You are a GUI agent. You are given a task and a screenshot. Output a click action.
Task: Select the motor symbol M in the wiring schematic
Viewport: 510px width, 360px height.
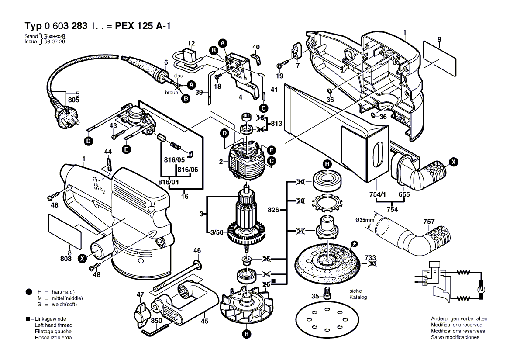pos(482,289)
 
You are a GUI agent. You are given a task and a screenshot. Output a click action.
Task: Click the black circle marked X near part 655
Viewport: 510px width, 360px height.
pos(454,162)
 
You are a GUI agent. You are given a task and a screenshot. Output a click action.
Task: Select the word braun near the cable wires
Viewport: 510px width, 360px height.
pos(171,93)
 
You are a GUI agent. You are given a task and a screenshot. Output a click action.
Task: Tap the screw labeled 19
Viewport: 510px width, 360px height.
pos(281,66)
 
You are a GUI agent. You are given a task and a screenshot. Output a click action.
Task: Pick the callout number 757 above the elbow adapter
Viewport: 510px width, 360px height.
pos(429,222)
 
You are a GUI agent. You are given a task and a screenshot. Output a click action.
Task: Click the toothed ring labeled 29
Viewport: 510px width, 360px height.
pos(327,202)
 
